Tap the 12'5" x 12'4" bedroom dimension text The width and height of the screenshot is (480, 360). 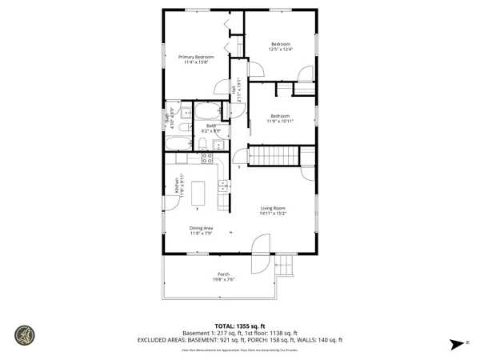(281, 50)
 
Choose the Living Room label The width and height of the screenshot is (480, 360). (273, 208)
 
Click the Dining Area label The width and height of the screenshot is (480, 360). (201, 228)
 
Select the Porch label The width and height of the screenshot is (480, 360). (223, 274)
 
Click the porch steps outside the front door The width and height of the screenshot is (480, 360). (286, 265)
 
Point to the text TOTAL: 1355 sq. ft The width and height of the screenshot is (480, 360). (239, 326)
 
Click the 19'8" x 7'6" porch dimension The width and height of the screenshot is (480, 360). (223, 279)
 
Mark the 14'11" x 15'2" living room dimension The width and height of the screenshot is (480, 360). (273, 214)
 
